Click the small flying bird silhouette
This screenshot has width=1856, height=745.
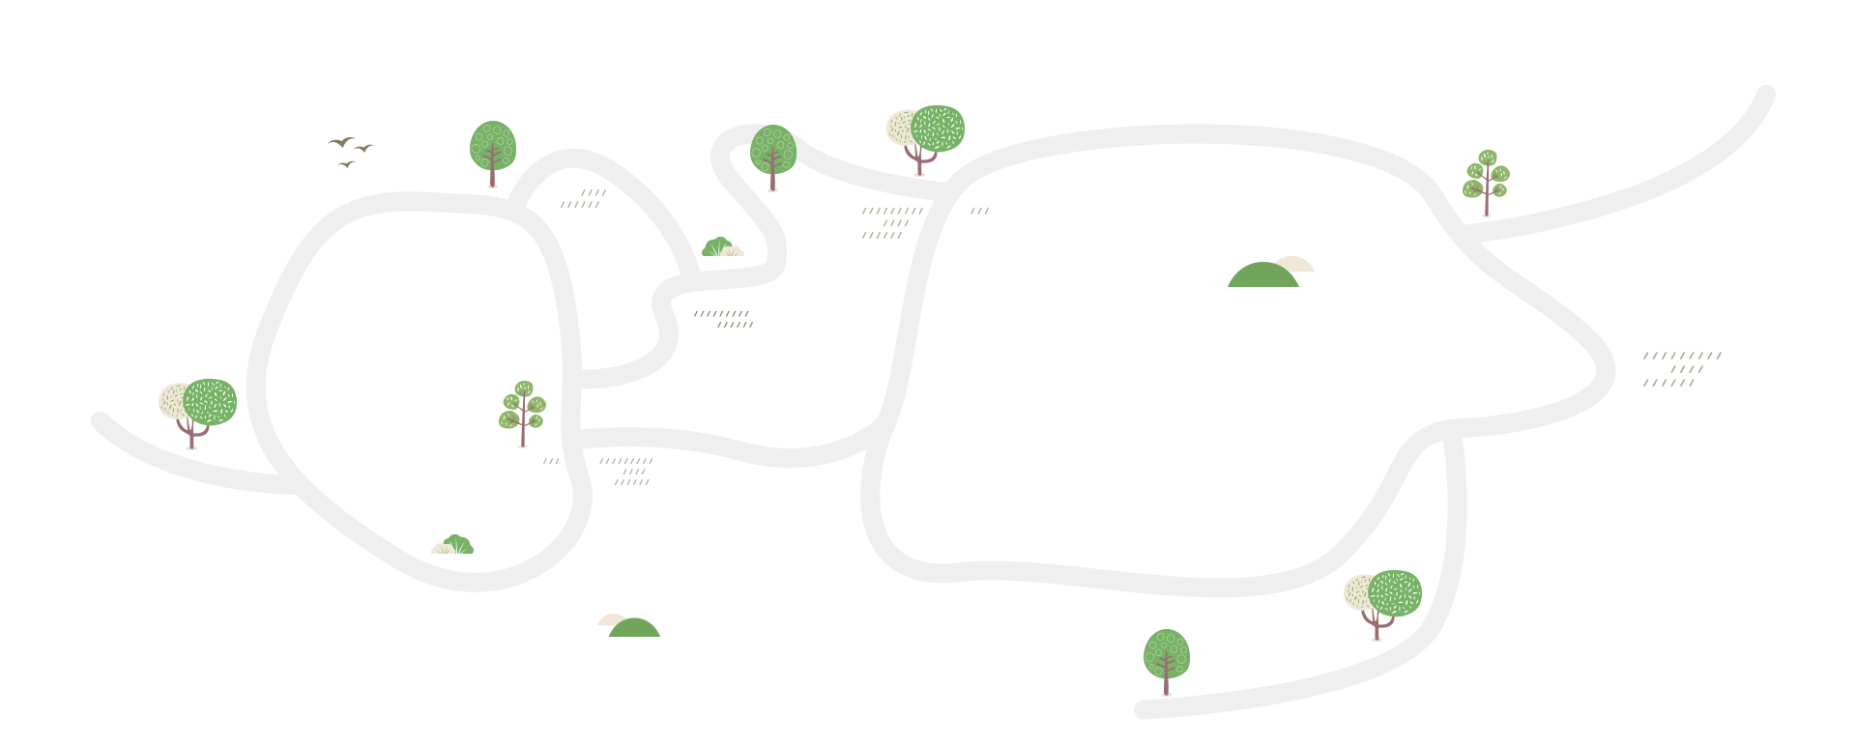(365, 148)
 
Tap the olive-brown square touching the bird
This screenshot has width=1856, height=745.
(342, 154)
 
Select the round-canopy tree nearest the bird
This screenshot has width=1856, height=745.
(492, 153)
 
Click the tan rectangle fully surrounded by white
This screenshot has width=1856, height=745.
(1684, 370)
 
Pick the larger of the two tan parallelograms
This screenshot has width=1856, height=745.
(898, 222)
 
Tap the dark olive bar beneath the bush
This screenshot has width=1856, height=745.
(723, 319)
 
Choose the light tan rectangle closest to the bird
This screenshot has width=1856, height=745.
(576, 198)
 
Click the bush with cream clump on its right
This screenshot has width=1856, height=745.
(718, 247)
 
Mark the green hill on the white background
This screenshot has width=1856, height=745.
(634, 628)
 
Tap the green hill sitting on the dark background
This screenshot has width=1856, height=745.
(1261, 275)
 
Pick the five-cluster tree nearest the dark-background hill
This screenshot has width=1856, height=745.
(1486, 183)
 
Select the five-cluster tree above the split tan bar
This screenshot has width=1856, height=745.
(522, 414)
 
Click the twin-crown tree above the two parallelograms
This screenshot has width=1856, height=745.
(925, 139)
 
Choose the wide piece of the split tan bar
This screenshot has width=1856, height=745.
(612, 472)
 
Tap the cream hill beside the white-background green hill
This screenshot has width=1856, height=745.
(609, 619)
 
